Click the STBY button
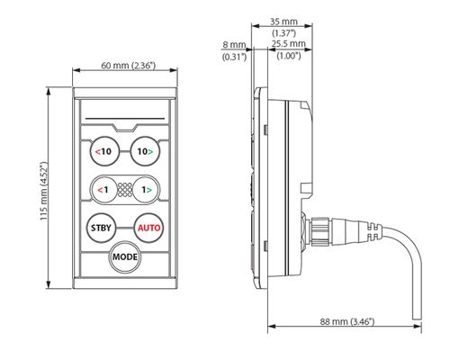(x=101, y=228)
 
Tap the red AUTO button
(x=149, y=228)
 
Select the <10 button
(x=104, y=151)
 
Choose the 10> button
(x=146, y=151)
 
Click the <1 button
(x=103, y=190)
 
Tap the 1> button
(x=147, y=190)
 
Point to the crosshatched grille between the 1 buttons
(x=125, y=190)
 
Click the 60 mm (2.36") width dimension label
(x=129, y=66)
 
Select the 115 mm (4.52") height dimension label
(x=44, y=191)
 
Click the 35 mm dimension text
(x=283, y=22)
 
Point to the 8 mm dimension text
(x=234, y=45)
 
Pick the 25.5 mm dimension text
(x=289, y=44)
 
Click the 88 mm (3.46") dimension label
(x=347, y=321)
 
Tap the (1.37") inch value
(x=283, y=32)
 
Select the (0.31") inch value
(x=234, y=57)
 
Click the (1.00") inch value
(x=289, y=56)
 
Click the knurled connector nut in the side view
(x=321, y=230)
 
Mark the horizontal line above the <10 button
(x=125, y=119)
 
